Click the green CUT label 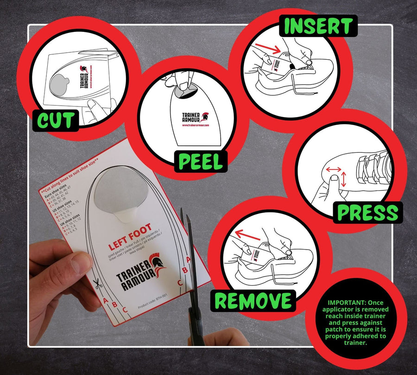[55, 120]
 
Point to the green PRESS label [367, 212]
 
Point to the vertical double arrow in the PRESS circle [343, 180]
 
